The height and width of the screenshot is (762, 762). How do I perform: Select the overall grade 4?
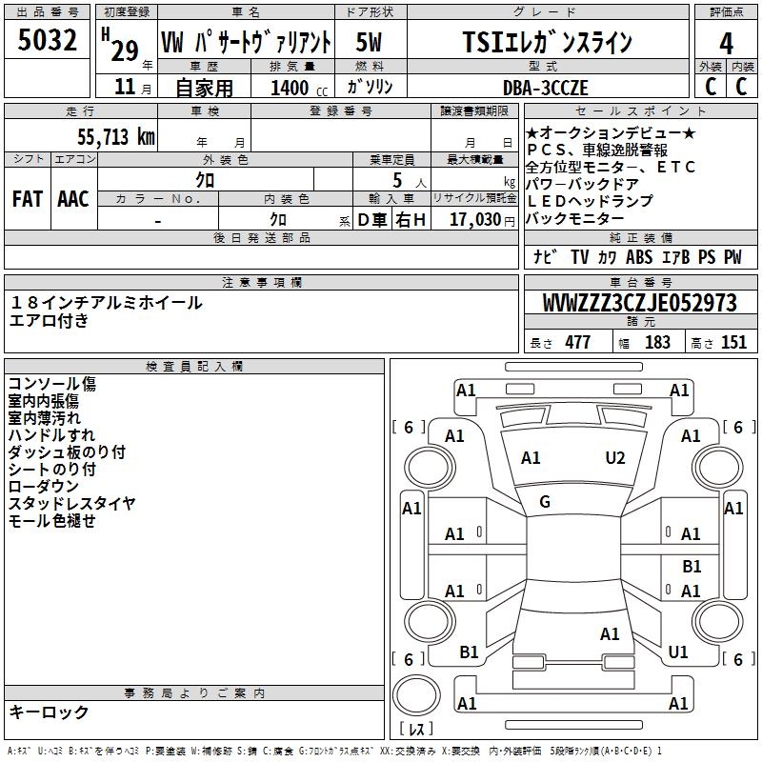point(726,43)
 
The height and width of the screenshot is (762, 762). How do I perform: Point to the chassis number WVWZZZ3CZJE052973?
point(640,303)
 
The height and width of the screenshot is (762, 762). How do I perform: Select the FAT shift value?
point(27,198)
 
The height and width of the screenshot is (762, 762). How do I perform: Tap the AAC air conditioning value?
point(72,198)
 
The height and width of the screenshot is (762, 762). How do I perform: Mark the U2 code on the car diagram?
point(615,458)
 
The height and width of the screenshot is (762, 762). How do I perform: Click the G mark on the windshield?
point(545,502)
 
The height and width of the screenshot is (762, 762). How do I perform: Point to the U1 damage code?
point(678,652)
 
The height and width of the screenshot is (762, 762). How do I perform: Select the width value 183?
point(657,342)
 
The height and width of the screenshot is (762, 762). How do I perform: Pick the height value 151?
point(733,342)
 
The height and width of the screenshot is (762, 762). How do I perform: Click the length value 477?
point(577,342)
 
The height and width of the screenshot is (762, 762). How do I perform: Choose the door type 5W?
point(370,43)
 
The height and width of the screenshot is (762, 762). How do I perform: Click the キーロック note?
point(49,712)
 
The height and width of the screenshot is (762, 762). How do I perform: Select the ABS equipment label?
point(640,257)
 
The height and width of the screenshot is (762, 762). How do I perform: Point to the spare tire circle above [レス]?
point(415,696)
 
